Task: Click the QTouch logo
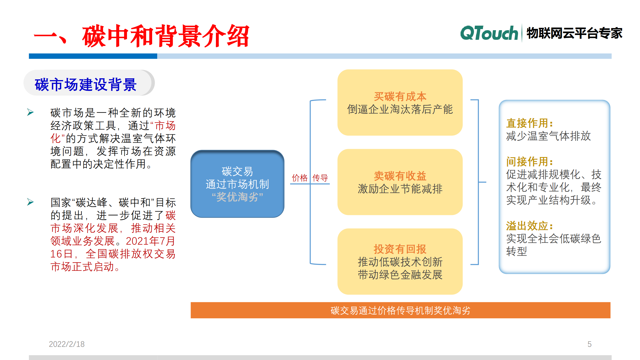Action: pyautogui.click(x=489, y=34)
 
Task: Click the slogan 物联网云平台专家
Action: pyautogui.click(x=574, y=34)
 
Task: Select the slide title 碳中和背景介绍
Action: pyautogui.click(x=165, y=36)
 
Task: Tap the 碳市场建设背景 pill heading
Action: pyautogui.click(x=86, y=84)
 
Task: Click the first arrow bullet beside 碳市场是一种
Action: pyautogui.click(x=30, y=112)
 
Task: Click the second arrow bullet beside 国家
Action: pyautogui.click(x=30, y=202)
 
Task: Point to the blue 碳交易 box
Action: pyautogui.click(x=237, y=184)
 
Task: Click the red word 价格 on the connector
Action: pyautogui.click(x=299, y=178)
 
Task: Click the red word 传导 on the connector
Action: pyautogui.click(x=320, y=178)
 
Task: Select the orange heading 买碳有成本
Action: pyautogui.click(x=400, y=96)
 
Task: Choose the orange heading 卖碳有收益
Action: pyautogui.click(x=400, y=176)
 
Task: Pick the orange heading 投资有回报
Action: pyautogui.click(x=400, y=249)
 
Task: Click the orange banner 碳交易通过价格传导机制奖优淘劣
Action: pyautogui.click(x=400, y=310)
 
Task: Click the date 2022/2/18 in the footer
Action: pyautogui.click(x=66, y=344)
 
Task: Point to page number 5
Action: pyautogui.click(x=589, y=344)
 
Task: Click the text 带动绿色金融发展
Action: pyautogui.click(x=400, y=275)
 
